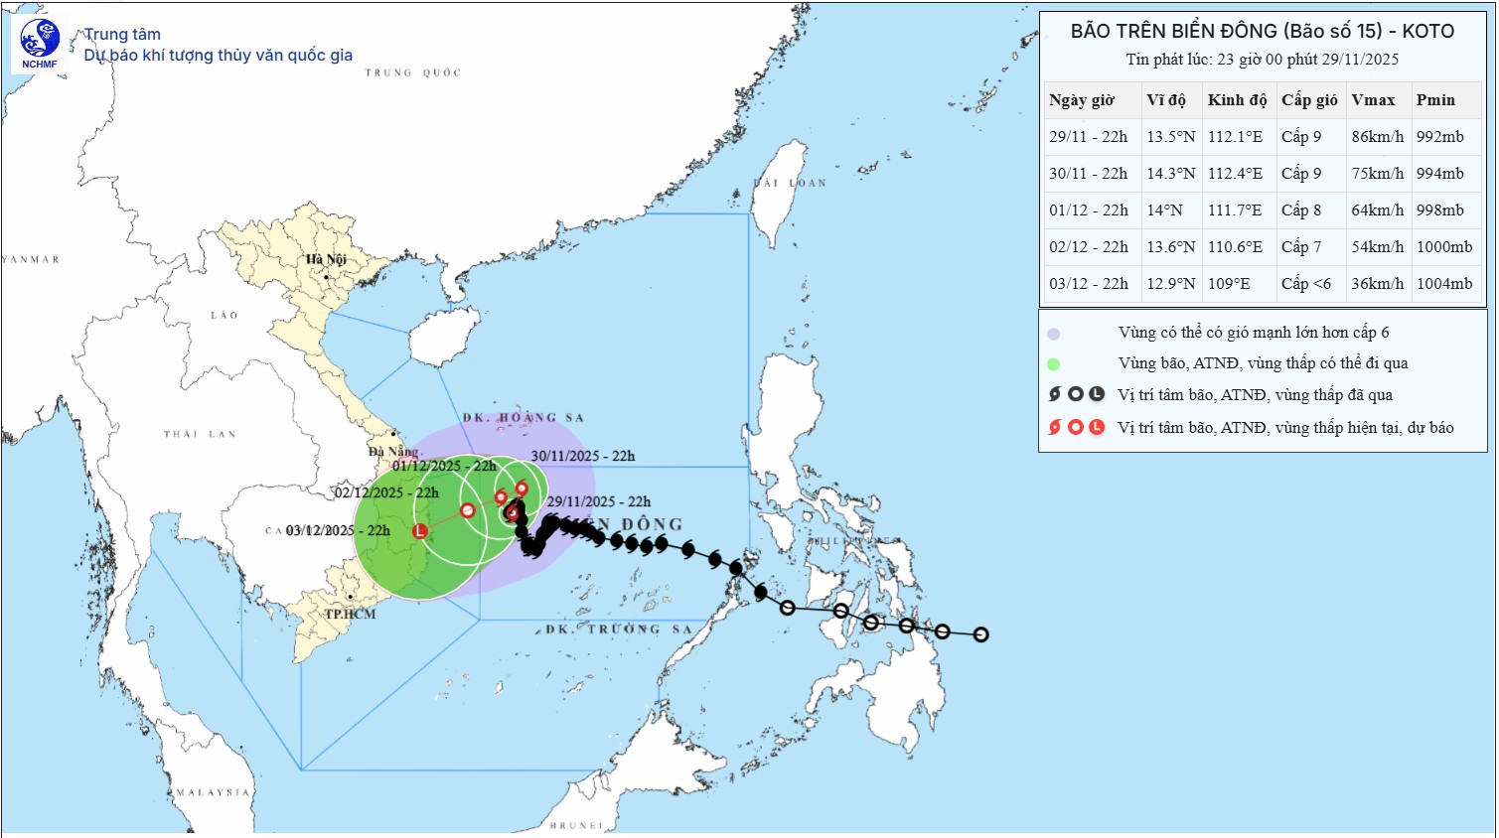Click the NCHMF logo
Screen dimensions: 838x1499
(x=40, y=45)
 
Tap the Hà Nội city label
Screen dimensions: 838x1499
(x=326, y=260)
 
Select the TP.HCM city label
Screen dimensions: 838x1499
(x=350, y=615)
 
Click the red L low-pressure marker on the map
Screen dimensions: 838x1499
(x=420, y=531)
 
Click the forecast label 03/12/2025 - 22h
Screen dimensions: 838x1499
(x=338, y=531)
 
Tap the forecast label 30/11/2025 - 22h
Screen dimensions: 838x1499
(x=582, y=457)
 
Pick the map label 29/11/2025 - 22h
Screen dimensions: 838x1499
(x=598, y=502)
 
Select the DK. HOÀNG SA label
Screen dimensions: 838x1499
(x=524, y=418)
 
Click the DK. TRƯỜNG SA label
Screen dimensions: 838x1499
(x=618, y=629)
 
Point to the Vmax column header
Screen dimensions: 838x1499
(x=1373, y=100)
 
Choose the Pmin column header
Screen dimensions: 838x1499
(x=1435, y=100)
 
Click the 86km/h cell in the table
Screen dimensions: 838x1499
(x=1377, y=137)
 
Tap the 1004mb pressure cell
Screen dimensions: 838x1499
(x=1443, y=284)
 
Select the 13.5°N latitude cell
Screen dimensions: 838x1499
(x=1170, y=137)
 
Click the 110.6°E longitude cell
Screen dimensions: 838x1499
(x=1235, y=247)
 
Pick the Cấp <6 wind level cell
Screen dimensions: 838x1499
(x=1305, y=284)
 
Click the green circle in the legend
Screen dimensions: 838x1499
(x=1053, y=364)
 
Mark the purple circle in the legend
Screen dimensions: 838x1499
(x=1053, y=334)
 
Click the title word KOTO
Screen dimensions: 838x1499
(x=1427, y=32)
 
